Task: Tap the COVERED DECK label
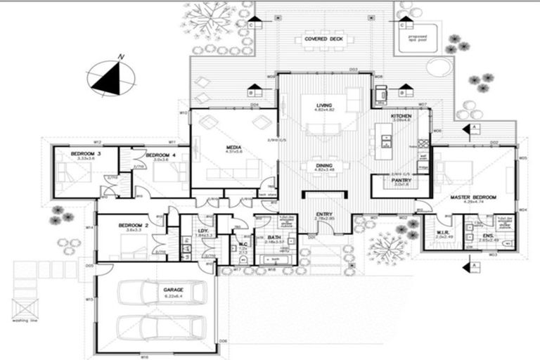(323, 39)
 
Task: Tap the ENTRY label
(325, 214)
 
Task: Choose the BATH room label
(274, 238)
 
